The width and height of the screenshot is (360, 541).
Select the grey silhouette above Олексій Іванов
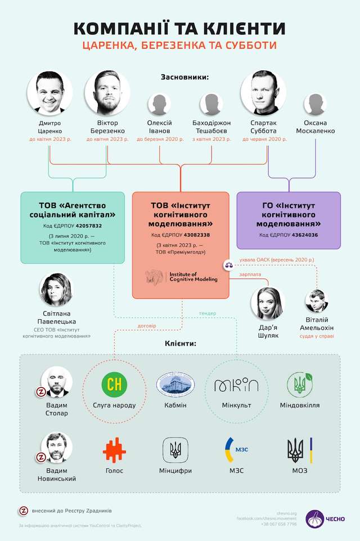[x=160, y=105]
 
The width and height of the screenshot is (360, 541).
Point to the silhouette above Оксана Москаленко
[x=315, y=105]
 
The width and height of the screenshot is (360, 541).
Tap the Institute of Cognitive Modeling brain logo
[x=154, y=276]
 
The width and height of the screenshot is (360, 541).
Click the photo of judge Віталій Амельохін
[x=316, y=302]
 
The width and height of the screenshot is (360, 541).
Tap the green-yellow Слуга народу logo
[x=115, y=384]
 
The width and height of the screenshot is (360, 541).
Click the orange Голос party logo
[x=114, y=450]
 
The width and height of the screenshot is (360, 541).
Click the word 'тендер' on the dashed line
[x=207, y=313]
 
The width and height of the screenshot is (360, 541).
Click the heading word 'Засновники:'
[x=184, y=77]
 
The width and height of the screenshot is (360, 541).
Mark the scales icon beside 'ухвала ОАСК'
[x=229, y=262]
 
